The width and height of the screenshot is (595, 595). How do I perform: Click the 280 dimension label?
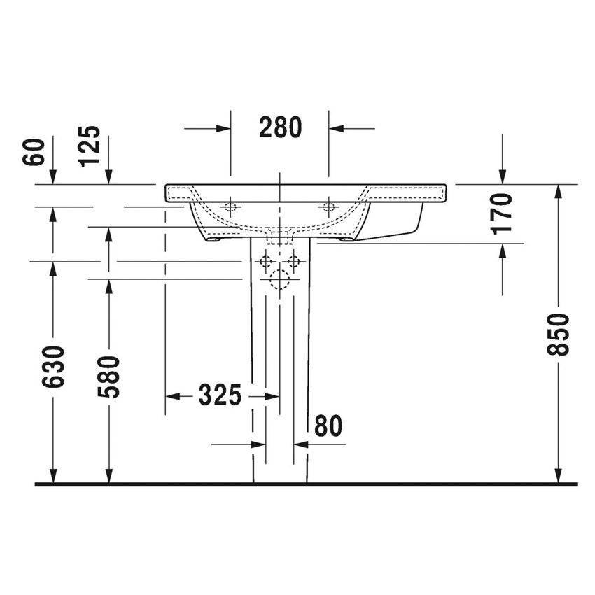(280, 128)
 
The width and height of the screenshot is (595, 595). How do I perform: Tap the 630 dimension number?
(53, 367)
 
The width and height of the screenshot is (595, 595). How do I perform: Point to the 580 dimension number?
(108, 377)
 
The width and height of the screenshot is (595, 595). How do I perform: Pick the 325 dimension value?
(220, 396)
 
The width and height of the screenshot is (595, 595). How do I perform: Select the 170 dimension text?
(503, 213)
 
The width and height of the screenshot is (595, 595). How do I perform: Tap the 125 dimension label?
(90, 146)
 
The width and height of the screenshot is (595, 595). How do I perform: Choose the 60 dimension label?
(34, 152)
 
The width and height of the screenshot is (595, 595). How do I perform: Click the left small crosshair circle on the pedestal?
(265, 262)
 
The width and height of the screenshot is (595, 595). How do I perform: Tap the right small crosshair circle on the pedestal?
(294, 262)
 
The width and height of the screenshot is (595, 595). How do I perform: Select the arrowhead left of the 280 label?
(223, 128)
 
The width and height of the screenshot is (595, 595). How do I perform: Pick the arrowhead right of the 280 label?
(336, 128)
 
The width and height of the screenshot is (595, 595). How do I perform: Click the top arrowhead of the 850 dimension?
(558, 192)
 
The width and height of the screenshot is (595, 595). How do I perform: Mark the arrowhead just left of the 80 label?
(302, 444)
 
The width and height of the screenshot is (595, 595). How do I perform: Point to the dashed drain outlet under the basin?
(280, 236)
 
